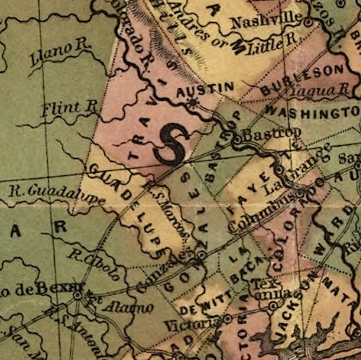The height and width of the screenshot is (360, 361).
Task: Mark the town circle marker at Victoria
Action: [227, 318]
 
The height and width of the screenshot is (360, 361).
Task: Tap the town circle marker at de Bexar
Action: [77, 294]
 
